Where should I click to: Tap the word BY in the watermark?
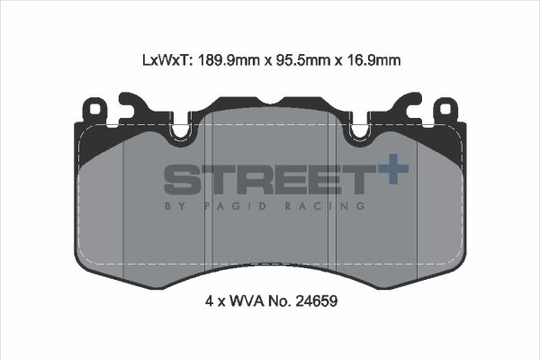173,206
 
